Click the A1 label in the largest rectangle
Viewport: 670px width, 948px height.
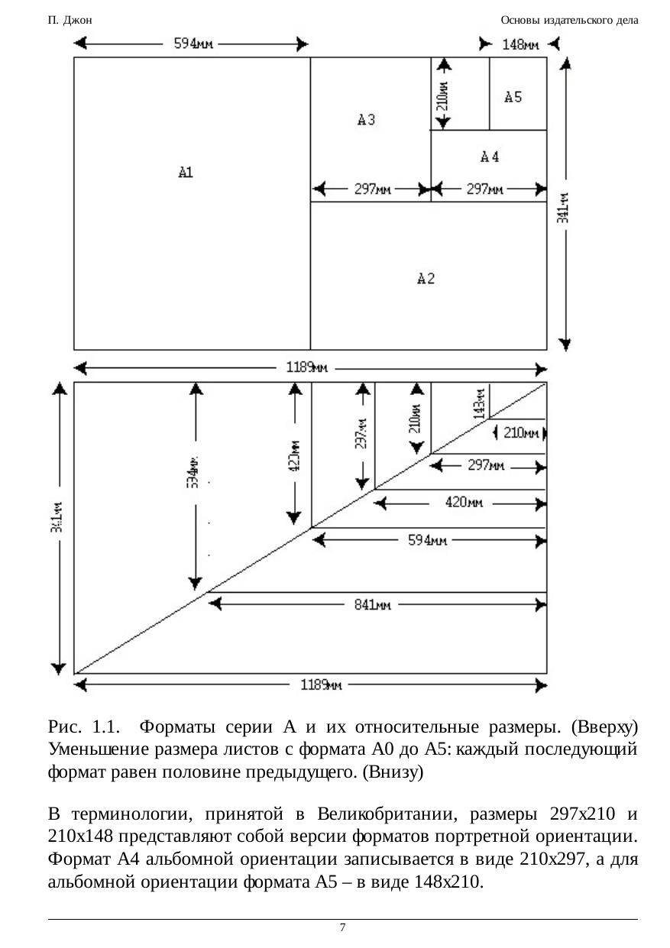[186, 173]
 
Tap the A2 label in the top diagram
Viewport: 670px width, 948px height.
[426, 279]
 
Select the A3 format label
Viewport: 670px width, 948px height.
[367, 119]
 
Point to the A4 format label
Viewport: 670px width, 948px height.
[490, 157]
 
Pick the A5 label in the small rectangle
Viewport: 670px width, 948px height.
[513, 97]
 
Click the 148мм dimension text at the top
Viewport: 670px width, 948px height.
[519, 44]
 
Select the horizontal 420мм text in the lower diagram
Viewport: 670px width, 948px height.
[464, 503]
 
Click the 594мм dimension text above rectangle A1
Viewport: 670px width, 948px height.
[194, 44]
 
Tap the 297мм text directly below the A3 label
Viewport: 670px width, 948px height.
[373, 189]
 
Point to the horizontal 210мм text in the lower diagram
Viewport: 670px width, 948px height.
[521, 433]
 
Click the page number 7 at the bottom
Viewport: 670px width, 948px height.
[342, 927]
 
